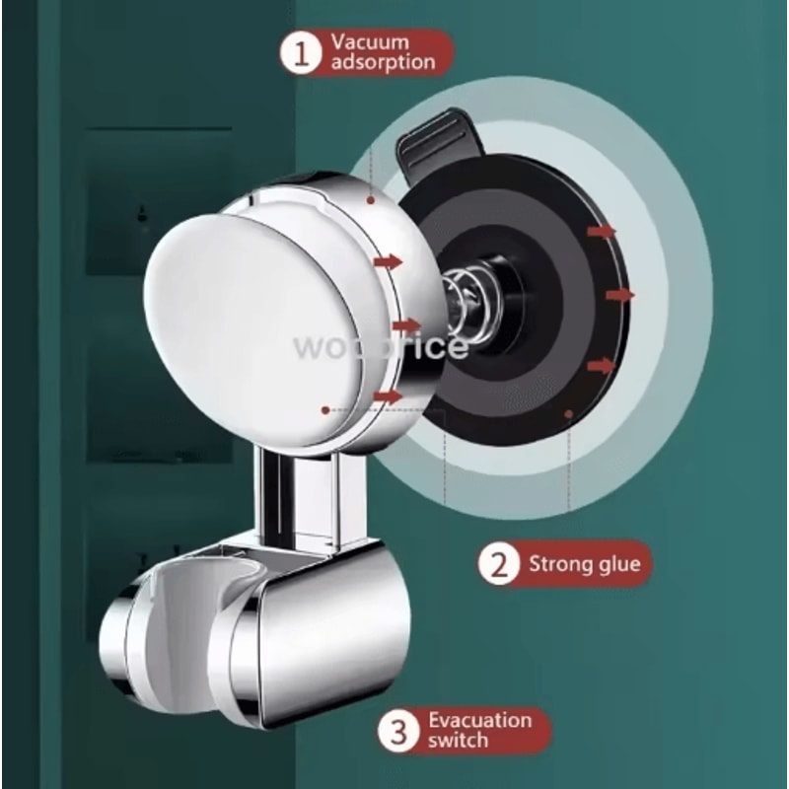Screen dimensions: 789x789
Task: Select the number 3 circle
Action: click(398, 732)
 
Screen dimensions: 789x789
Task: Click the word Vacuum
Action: click(370, 42)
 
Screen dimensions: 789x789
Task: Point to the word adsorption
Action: click(383, 62)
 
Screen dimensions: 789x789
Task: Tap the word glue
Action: click(620, 564)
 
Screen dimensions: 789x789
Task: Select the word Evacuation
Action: click(479, 720)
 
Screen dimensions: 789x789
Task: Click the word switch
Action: click(459, 741)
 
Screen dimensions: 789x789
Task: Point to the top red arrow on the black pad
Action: click(601, 231)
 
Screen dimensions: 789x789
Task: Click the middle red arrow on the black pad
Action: click(619, 294)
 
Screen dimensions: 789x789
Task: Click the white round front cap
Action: click(242, 316)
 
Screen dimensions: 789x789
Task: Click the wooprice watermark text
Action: click(380, 346)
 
